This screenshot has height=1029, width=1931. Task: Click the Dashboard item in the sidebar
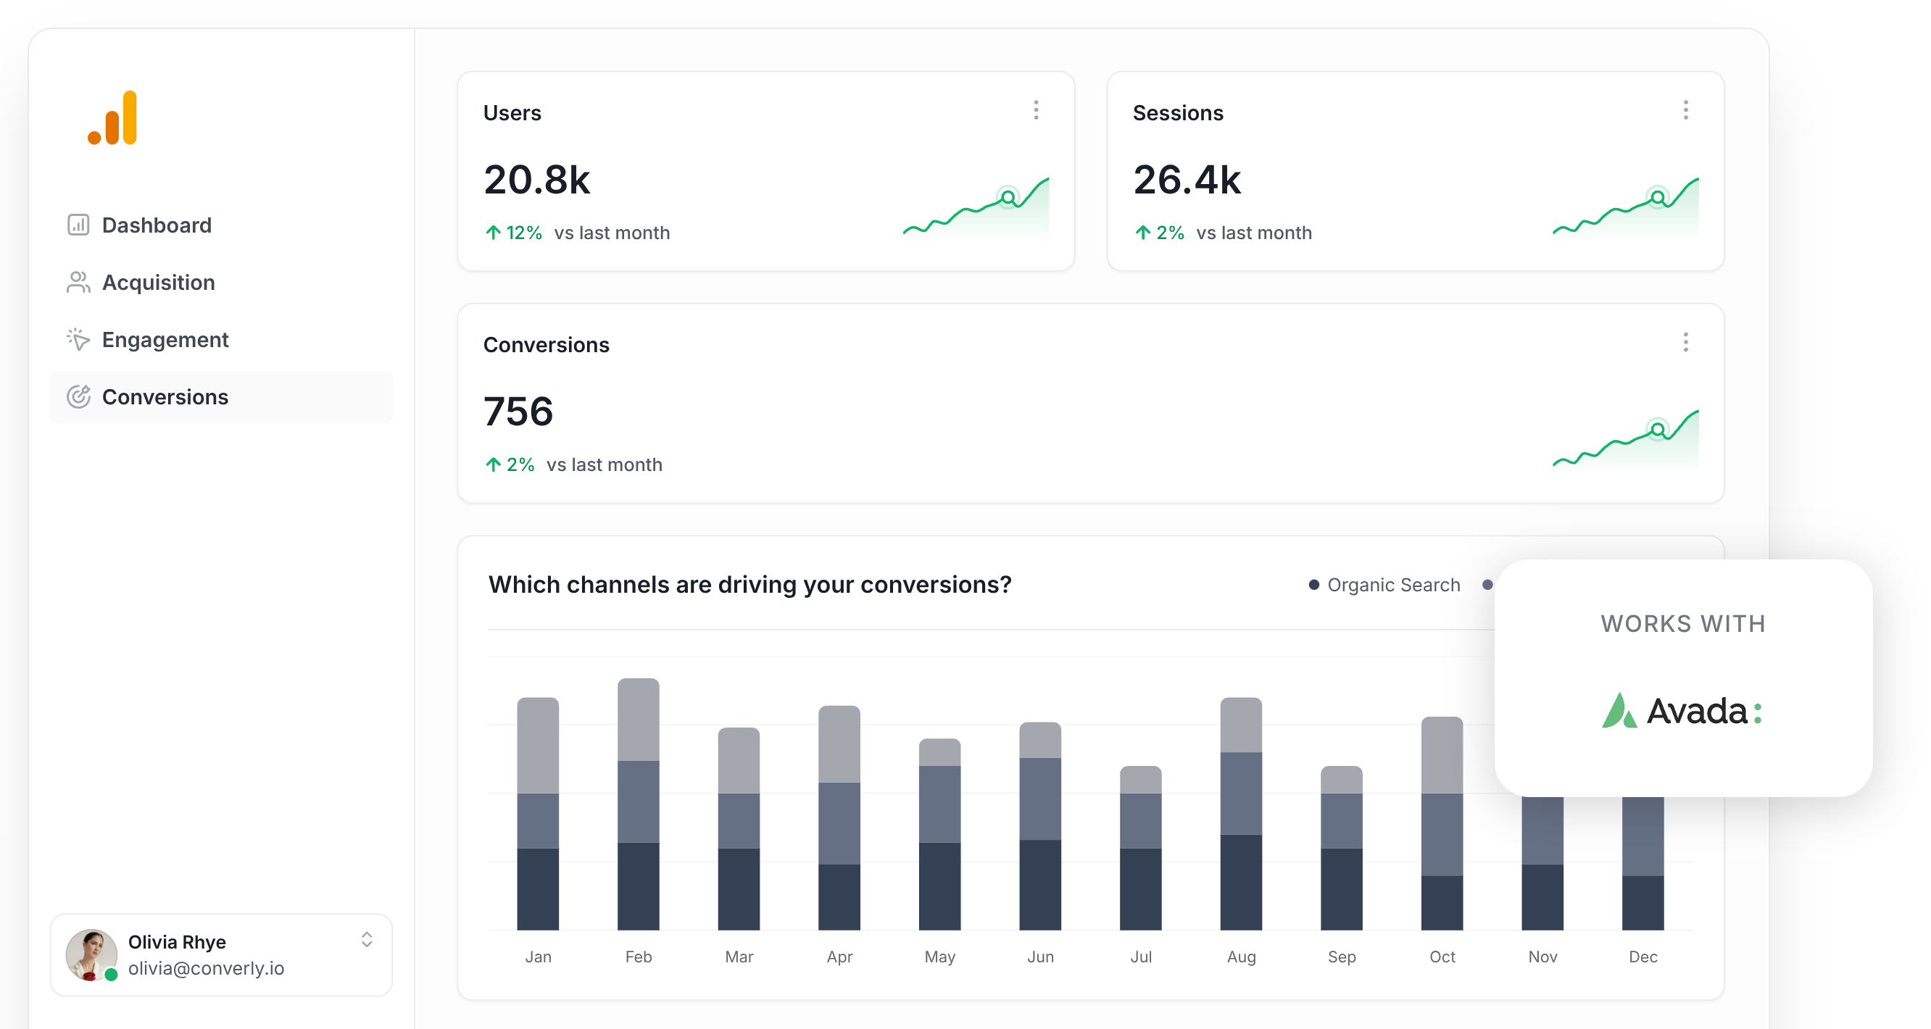(x=156, y=225)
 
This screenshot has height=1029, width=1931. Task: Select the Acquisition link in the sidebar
(x=157, y=283)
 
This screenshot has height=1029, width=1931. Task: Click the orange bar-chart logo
(x=113, y=118)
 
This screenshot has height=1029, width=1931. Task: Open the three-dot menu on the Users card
(x=1036, y=111)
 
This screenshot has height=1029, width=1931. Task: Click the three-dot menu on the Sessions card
(x=1685, y=111)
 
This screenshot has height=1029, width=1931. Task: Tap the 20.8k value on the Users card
(x=536, y=180)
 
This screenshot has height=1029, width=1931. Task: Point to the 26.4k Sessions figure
(x=1187, y=180)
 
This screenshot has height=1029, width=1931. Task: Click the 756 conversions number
(x=518, y=412)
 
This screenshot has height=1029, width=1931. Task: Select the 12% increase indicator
(x=514, y=233)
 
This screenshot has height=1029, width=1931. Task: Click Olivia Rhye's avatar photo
(x=91, y=954)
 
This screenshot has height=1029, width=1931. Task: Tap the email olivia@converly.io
(x=206, y=968)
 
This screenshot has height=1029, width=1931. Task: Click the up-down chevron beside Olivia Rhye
(x=367, y=940)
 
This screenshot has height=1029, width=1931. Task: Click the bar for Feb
(x=638, y=804)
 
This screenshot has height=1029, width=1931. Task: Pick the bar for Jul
(x=1140, y=848)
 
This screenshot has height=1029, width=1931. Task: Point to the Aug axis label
(x=1241, y=957)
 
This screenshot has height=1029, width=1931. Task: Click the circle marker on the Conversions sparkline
(x=1658, y=430)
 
